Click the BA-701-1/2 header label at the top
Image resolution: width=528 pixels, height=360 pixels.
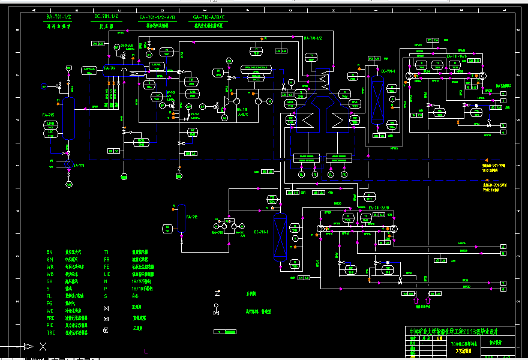59,17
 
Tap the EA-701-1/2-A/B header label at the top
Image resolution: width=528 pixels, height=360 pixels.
154,17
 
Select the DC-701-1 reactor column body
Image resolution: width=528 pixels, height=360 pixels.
377,98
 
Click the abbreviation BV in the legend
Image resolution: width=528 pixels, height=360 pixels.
50,252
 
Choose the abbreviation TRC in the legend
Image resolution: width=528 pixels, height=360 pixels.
51,332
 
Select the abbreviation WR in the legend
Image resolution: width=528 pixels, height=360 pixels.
50,266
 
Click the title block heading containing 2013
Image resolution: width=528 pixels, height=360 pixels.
453,331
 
